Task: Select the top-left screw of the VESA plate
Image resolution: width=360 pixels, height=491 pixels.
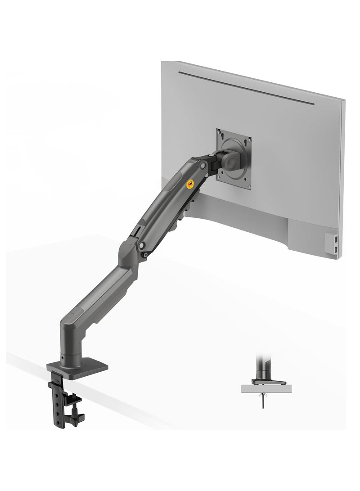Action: tap(220, 133)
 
